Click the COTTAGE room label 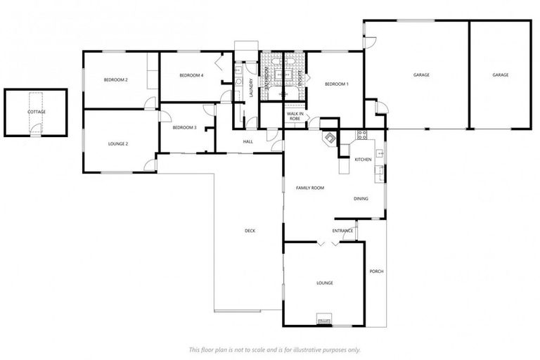(37, 112)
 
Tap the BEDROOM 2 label (116, 80)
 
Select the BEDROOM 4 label (191, 75)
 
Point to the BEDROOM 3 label (184, 127)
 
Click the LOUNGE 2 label (118, 143)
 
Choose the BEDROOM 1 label (336, 84)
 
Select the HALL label (247, 142)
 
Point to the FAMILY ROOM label (309, 188)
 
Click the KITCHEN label (363, 160)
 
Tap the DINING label (361, 199)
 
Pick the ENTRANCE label (343, 231)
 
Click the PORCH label (376, 271)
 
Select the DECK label (250, 231)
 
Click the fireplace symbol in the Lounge (324, 320)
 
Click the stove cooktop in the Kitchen (362, 135)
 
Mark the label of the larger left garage (421, 75)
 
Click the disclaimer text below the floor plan (274, 349)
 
